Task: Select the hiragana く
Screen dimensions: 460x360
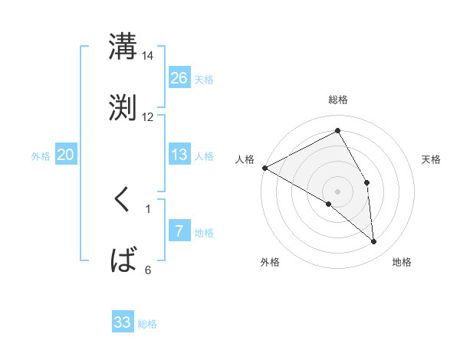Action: coord(123,201)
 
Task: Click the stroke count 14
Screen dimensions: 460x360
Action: coord(147,56)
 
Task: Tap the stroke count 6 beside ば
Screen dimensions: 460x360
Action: coord(148,270)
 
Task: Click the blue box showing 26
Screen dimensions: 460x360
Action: coord(179,78)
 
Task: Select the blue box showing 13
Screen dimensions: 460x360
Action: coord(179,155)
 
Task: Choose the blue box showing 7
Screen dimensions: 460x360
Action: coord(179,231)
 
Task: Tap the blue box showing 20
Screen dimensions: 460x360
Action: coord(66,155)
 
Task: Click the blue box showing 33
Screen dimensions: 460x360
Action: coord(123,322)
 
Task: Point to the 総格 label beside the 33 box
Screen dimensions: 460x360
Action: coord(148,324)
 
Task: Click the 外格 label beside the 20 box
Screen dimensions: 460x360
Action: coord(41,156)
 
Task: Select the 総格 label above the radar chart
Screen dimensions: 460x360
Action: coord(337,100)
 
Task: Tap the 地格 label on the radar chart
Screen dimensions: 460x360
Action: coord(402,262)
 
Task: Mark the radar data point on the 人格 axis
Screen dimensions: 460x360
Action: coord(264,168)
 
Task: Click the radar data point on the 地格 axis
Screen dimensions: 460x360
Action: coord(374,242)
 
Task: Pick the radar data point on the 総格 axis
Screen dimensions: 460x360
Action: coord(337,131)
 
